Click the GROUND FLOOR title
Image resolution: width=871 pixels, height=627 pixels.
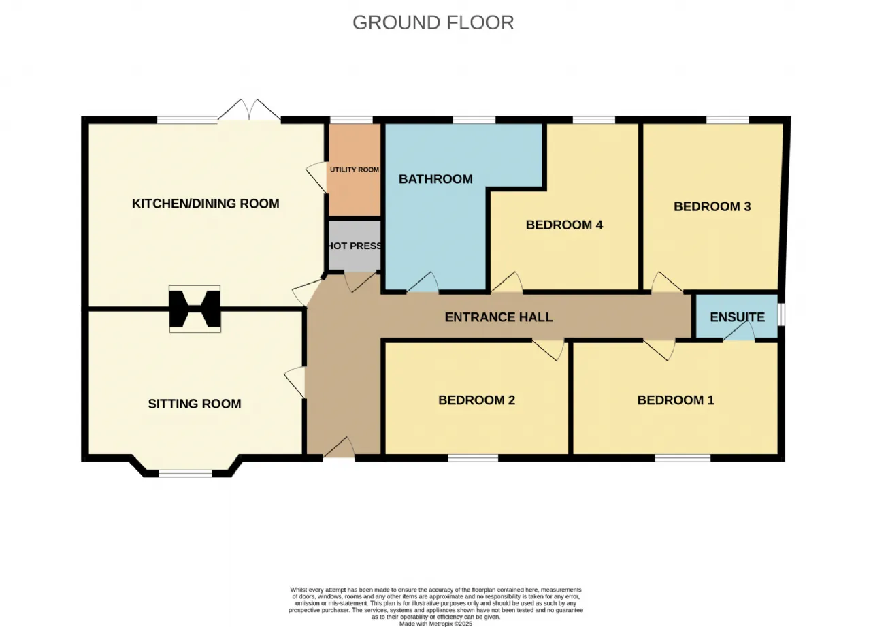pyautogui.click(x=433, y=22)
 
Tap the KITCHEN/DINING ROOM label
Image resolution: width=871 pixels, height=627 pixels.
pyautogui.click(x=206, y=204)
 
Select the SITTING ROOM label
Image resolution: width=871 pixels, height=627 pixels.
pyautogui.click(x=195, y=404)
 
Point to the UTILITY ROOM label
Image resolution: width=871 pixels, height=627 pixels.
pyautogui.click(x=355, y=170)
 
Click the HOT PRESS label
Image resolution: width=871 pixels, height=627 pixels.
pyautogui.click(x=355, y=246)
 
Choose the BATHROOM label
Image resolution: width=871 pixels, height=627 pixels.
pyautogui.click(x=435, y=179)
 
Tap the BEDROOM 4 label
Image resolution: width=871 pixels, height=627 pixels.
pyautogui.click(x=564, y=225)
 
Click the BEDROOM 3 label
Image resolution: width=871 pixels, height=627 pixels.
pyautogui.click(x=712, y=206)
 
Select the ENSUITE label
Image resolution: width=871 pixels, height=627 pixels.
pyautogui.click(x=737, y=317)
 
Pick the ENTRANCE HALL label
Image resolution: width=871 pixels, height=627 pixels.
pyautogui.click(x=499, y=317)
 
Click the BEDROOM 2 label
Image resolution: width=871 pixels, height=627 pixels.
pyautogui.click(x=476, y=400)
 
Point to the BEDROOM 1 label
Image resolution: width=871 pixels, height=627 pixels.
pyautogui.click(x=676, y=400)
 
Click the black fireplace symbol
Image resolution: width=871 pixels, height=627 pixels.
pyautogui.click(x=195, y=309)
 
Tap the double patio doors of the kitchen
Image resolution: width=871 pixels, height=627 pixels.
pyautogui.click(x=249, y=110)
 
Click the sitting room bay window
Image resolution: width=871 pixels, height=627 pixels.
pyautogui.click(x=186, y=473)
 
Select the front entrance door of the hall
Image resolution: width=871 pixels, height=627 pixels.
pyautogui.click(x=339, y=448)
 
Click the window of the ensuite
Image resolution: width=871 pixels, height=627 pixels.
pyautogui.click(x=781, y=315)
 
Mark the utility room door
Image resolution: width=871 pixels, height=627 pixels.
pyautogui.click(x=316, y=177)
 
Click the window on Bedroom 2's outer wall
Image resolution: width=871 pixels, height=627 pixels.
pyautogui.click(x=473, y=459)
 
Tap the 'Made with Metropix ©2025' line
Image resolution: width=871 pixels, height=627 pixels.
pyautogui.click(x=435, y=624)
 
